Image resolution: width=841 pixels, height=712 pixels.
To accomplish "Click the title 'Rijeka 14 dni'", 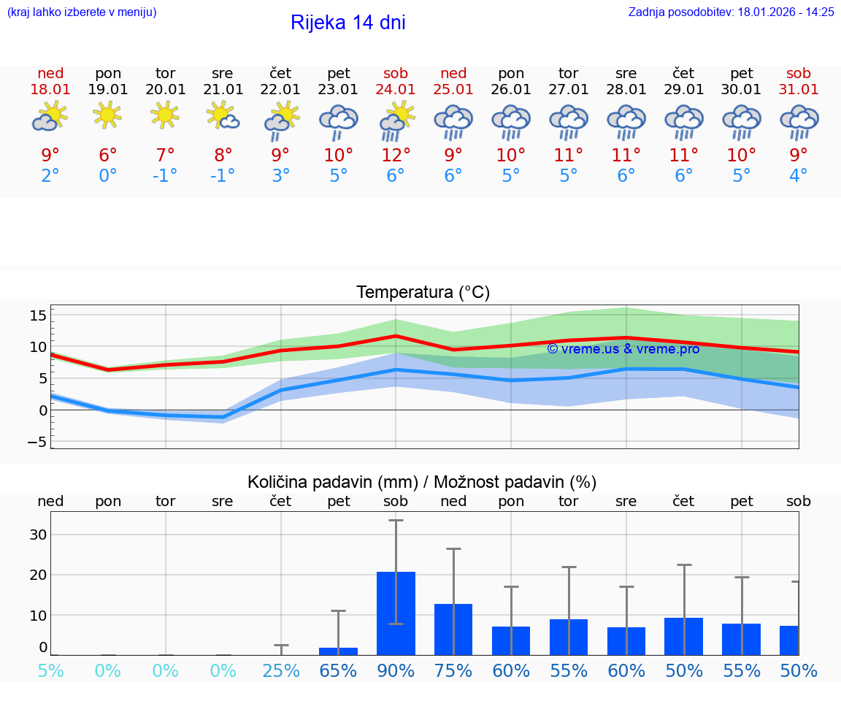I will click(x=347, y=23).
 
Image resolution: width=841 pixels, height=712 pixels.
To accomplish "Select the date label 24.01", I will click(x=396, y=90).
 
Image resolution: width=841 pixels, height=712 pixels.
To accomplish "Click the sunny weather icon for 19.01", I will click(x=108, y=115).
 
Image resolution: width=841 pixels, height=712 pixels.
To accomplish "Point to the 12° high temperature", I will click(x=396, y=156).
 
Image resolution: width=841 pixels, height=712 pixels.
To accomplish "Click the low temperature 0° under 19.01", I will click(x=108, y=176).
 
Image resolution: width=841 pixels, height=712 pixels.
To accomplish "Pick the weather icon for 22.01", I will click(x=281, y=120).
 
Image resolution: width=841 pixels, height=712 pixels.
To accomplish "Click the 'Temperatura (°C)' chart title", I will click(x=423, y=292).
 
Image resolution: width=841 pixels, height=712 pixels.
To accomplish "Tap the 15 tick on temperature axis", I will click(x=38, y=315).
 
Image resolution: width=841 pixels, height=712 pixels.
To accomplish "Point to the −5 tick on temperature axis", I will click(x=38, y=442).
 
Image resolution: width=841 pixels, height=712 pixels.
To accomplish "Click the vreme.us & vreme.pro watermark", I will click(x=623, y=349).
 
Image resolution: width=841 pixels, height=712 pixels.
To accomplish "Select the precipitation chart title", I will click(x=422, y=482).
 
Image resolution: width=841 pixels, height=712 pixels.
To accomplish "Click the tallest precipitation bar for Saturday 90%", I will click(x=396, y=613).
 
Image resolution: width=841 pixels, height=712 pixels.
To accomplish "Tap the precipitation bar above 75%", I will click(x=453, y=629).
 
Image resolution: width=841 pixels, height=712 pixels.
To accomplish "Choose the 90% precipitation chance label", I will click(x=396, y=670).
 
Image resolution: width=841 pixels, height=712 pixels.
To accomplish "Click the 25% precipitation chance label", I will click(x=281, y=670).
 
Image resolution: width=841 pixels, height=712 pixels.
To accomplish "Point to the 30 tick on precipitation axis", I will click(x=38, y=535).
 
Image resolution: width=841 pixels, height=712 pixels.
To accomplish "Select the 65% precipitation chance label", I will click(x=339, y=670).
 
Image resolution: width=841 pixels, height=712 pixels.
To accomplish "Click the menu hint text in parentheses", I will click(x=82, y=12).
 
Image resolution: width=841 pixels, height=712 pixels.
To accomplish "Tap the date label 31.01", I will click(x=799, y=90).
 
